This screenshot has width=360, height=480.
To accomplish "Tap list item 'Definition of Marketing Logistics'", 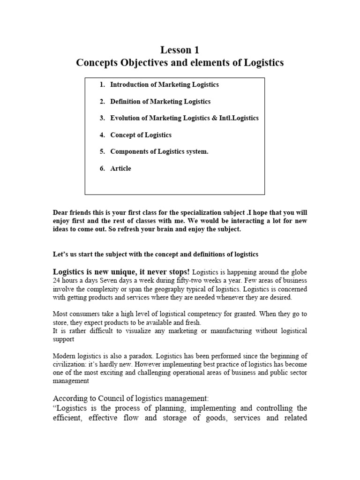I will pyautogui.click(x=160, y=102).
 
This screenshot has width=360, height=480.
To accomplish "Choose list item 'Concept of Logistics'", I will pyautogui.click(x=141, y=135).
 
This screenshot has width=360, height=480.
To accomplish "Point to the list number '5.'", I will pyautogui.click(x=102, y=152).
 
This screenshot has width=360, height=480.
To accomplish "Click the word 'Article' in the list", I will pyautogui.click(x=120, y=169).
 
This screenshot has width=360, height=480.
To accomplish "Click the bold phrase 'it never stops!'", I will pyautogui.click(x=166, y=272).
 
